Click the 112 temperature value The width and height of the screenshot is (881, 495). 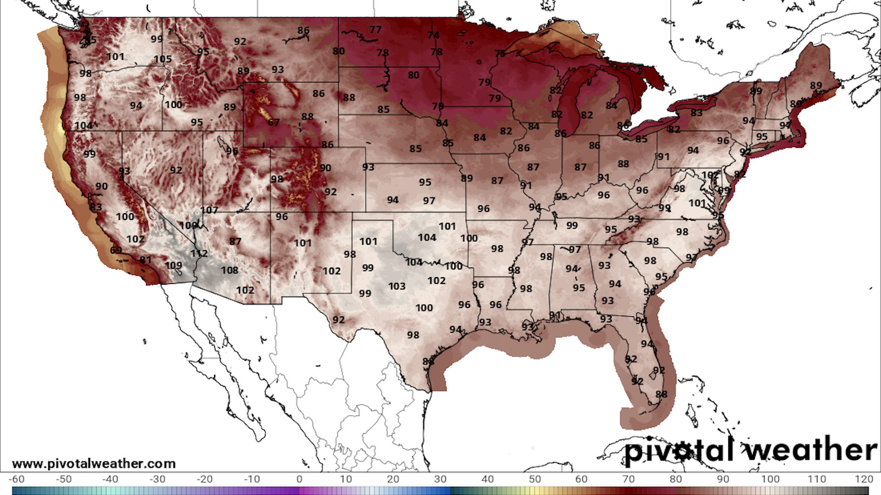point(199,253)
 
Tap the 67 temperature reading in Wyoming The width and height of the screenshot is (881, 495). point(273,122)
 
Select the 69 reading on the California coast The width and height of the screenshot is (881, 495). point(116,250)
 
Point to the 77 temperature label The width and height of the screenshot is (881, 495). point(375,29)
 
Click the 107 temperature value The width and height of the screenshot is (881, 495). point(209,210)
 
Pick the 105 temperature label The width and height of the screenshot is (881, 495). point(162,59)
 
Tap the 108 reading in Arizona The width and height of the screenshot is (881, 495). point(229,270)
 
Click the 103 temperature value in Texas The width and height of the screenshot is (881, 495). point(396,286)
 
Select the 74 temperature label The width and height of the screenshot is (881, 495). point(433,35)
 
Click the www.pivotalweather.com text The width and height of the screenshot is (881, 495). point(94,463)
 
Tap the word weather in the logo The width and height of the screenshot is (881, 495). point(810,450)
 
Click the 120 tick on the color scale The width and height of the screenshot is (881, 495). point(864,479)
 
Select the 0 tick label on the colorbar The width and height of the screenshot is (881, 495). point(299,479)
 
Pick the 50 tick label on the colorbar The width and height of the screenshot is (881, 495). point(535,479)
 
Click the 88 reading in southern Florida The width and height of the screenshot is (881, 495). point(661,394)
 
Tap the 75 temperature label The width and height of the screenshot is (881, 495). point(500,54)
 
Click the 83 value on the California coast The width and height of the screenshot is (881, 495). point(95,207)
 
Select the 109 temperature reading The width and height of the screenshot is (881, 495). point(173,265)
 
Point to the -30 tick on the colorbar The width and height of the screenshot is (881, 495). point(157,479)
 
